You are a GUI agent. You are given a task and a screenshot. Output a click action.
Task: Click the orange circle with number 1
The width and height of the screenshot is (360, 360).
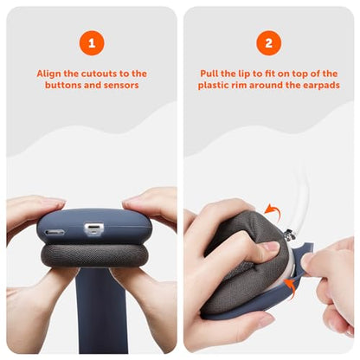click(92, 43)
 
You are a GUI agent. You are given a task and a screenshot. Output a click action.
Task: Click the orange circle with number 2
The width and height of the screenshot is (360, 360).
click(268, 43)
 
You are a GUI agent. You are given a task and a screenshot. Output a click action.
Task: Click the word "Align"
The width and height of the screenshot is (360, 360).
click(48, 74)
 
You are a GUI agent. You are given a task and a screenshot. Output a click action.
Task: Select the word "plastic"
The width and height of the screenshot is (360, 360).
click(214, 86)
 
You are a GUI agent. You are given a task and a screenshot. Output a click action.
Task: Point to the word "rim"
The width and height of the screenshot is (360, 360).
click(240, 85)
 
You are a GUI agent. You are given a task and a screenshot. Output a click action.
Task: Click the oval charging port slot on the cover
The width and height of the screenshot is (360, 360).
click(55, 232)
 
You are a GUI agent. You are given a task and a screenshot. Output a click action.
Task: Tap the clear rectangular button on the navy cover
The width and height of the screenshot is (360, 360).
click(93, 229)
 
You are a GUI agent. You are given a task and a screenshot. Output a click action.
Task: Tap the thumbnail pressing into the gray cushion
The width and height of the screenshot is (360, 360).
click(271, 246)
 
